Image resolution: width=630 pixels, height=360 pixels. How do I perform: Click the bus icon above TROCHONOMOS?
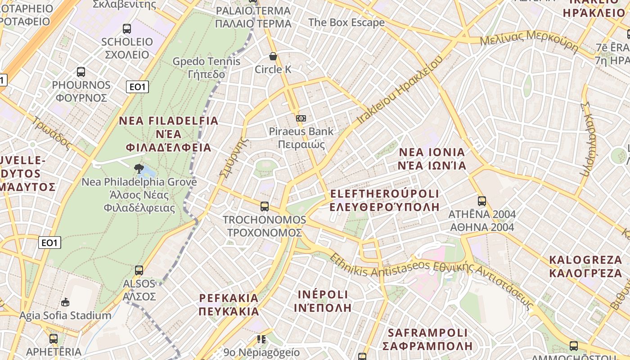click(265, 207)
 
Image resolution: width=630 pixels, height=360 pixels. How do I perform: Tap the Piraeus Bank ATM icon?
click(301, 118)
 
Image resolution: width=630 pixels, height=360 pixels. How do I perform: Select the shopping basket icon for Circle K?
click(273, 56)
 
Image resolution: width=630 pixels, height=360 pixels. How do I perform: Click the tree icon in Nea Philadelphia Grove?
click(139, 169)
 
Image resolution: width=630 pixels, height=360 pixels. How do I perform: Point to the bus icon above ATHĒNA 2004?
click(482, 201)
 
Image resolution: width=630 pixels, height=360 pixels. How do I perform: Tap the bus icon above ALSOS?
click(139, 270)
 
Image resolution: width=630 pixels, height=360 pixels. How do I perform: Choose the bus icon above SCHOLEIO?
click(127, 29)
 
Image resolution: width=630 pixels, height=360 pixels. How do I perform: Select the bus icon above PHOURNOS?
click(81, 72)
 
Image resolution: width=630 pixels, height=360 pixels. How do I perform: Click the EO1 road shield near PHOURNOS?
click(137, 87)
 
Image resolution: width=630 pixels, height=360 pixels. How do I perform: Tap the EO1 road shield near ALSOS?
click(49, 243)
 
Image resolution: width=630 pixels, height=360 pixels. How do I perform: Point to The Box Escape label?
click(346, 22)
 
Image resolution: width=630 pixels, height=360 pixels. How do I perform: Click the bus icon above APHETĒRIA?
click(54, 339)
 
